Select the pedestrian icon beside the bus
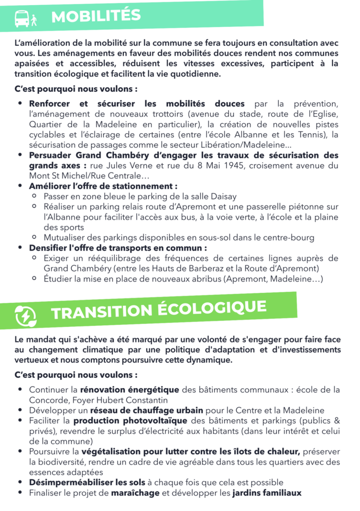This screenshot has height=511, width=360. tap(34, 20)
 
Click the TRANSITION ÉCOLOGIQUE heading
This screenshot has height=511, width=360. tap(158, 309)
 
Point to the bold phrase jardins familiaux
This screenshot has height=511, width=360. tap(267, 493)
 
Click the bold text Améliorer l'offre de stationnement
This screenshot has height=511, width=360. tap(103, 186)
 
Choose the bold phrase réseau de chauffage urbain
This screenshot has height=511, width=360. tap(147, 411)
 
